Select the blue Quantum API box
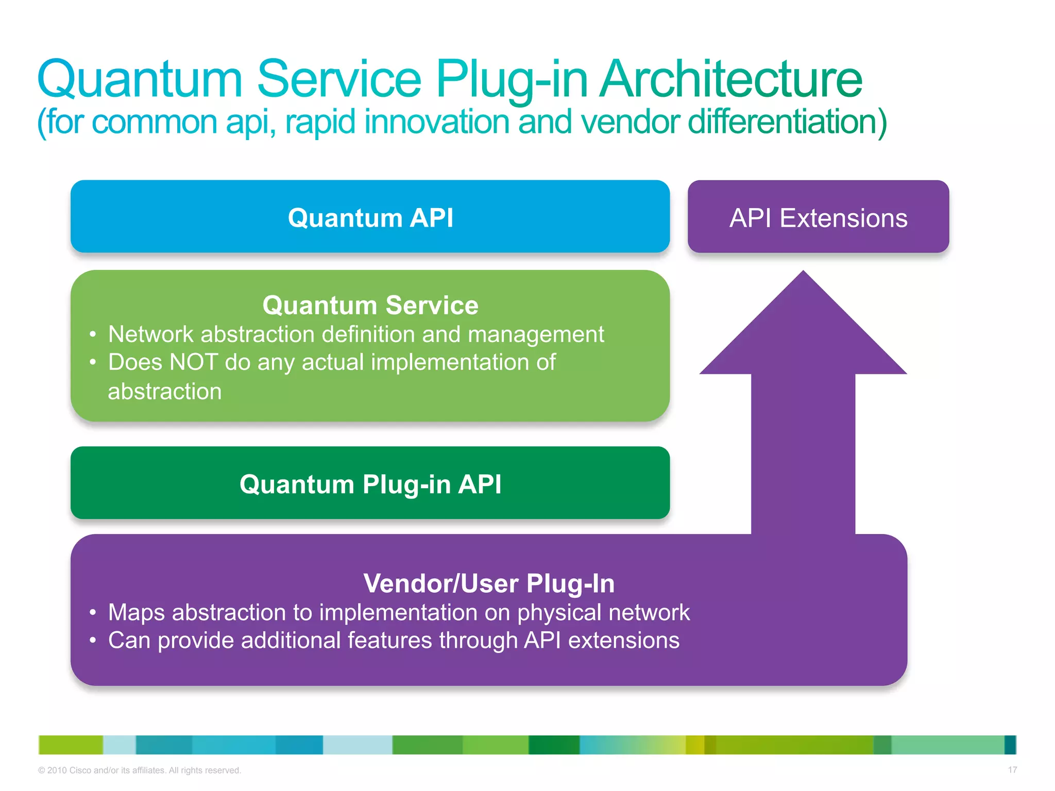(x=370, y=217)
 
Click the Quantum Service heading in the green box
(x=370, y=305)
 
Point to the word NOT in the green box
(x=194, y=362)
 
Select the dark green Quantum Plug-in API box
(x=370, y=484)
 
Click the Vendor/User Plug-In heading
(x=488, y=583)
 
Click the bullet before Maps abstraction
(x=93, y=613)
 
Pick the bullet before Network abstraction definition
(x=93, y=335)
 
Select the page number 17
(x=1012, y=770)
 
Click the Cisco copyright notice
(x=140, y=770)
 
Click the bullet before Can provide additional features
(x=93, y=641)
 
